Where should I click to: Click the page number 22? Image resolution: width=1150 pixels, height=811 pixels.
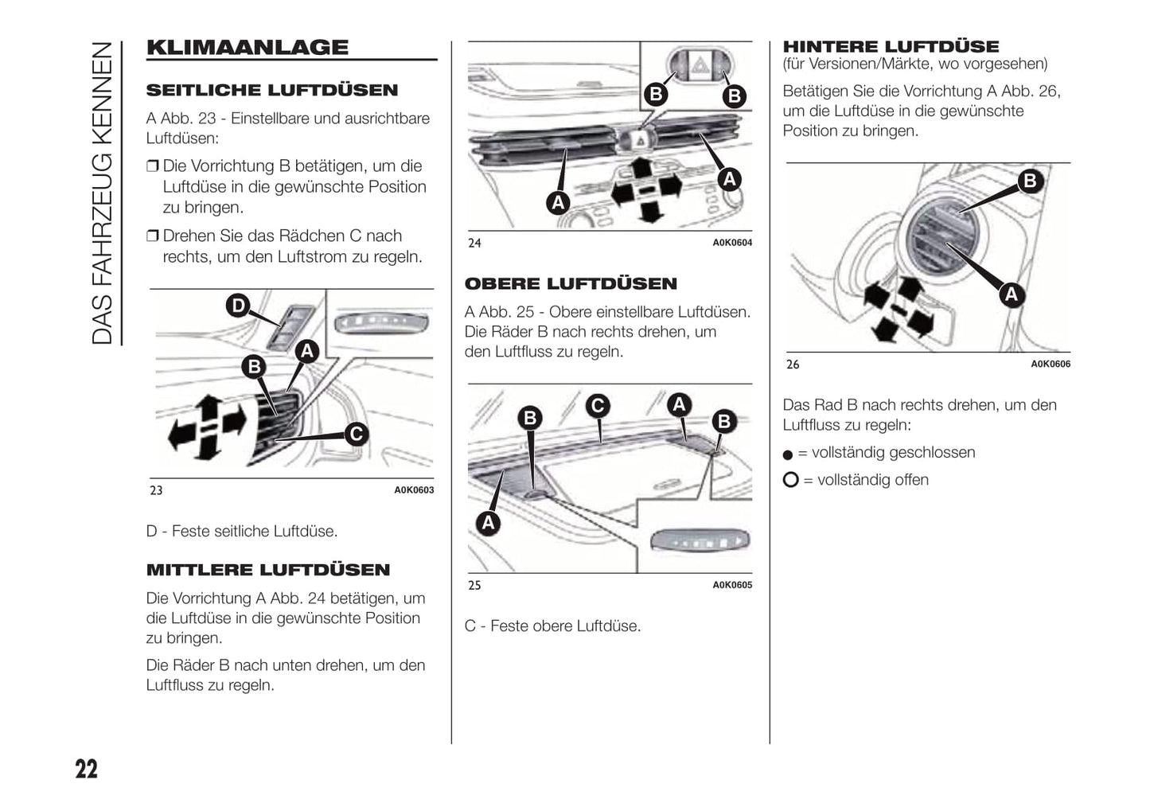87,769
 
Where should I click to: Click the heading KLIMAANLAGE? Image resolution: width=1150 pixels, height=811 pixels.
248,47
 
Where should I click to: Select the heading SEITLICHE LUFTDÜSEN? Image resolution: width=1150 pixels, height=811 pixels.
272,90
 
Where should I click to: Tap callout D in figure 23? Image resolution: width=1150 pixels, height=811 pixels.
237,305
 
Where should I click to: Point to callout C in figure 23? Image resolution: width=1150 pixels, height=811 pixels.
356,434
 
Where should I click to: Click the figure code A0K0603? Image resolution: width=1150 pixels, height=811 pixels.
414,490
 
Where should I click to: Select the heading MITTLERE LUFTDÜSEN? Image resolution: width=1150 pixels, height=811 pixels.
268,570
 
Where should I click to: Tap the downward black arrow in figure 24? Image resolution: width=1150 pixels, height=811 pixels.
651,212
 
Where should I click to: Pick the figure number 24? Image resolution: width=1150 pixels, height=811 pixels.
474,243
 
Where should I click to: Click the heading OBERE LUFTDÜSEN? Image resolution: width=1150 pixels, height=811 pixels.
571,284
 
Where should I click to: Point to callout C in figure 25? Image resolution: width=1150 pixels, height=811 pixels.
597,406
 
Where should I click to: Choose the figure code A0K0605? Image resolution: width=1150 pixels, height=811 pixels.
732,585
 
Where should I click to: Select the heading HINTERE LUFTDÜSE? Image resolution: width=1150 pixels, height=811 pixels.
891,46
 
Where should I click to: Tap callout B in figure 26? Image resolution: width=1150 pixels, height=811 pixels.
1030,181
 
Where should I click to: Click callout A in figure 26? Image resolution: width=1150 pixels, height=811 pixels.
1011,294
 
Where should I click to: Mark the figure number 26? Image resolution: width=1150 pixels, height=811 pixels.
793,365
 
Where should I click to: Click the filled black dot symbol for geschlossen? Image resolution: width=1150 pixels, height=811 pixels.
788,454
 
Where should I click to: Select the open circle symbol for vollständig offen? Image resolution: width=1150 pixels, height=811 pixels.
790,480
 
